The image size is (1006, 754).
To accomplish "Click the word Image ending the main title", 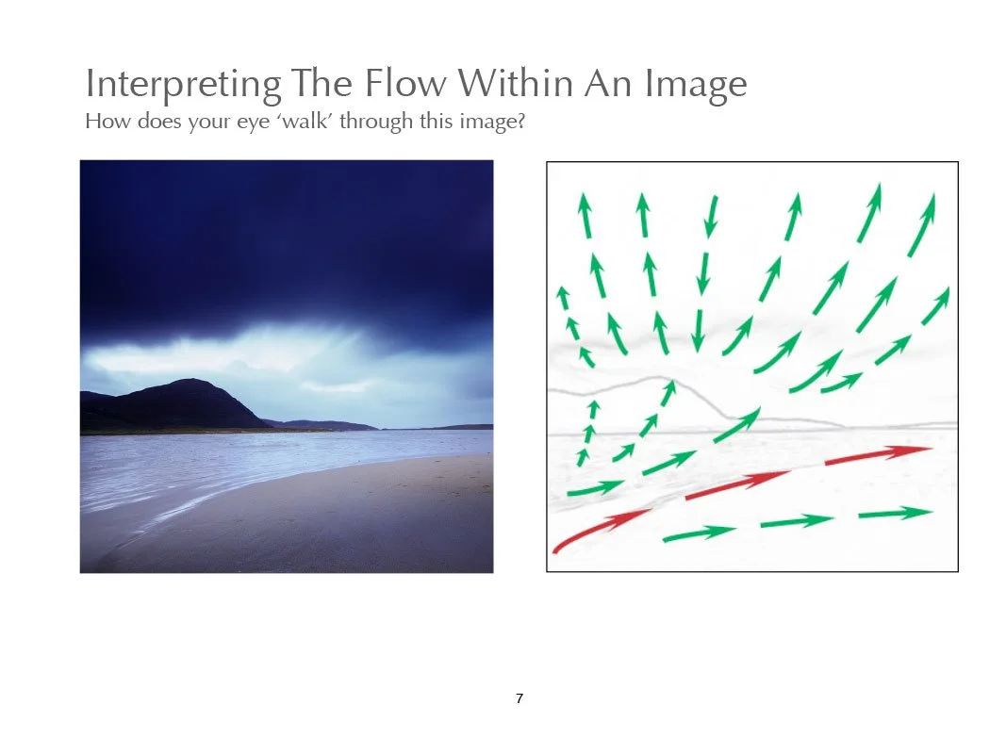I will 696,86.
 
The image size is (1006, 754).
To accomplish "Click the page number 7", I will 519,698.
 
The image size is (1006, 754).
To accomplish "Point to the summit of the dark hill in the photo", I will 189,381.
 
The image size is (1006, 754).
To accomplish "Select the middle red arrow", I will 737,484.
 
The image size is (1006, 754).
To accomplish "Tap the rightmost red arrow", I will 878,455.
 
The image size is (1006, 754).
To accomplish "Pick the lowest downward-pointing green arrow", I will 698,331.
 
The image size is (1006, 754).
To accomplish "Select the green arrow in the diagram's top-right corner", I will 921,225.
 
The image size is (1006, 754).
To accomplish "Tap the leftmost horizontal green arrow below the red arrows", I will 699,533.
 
